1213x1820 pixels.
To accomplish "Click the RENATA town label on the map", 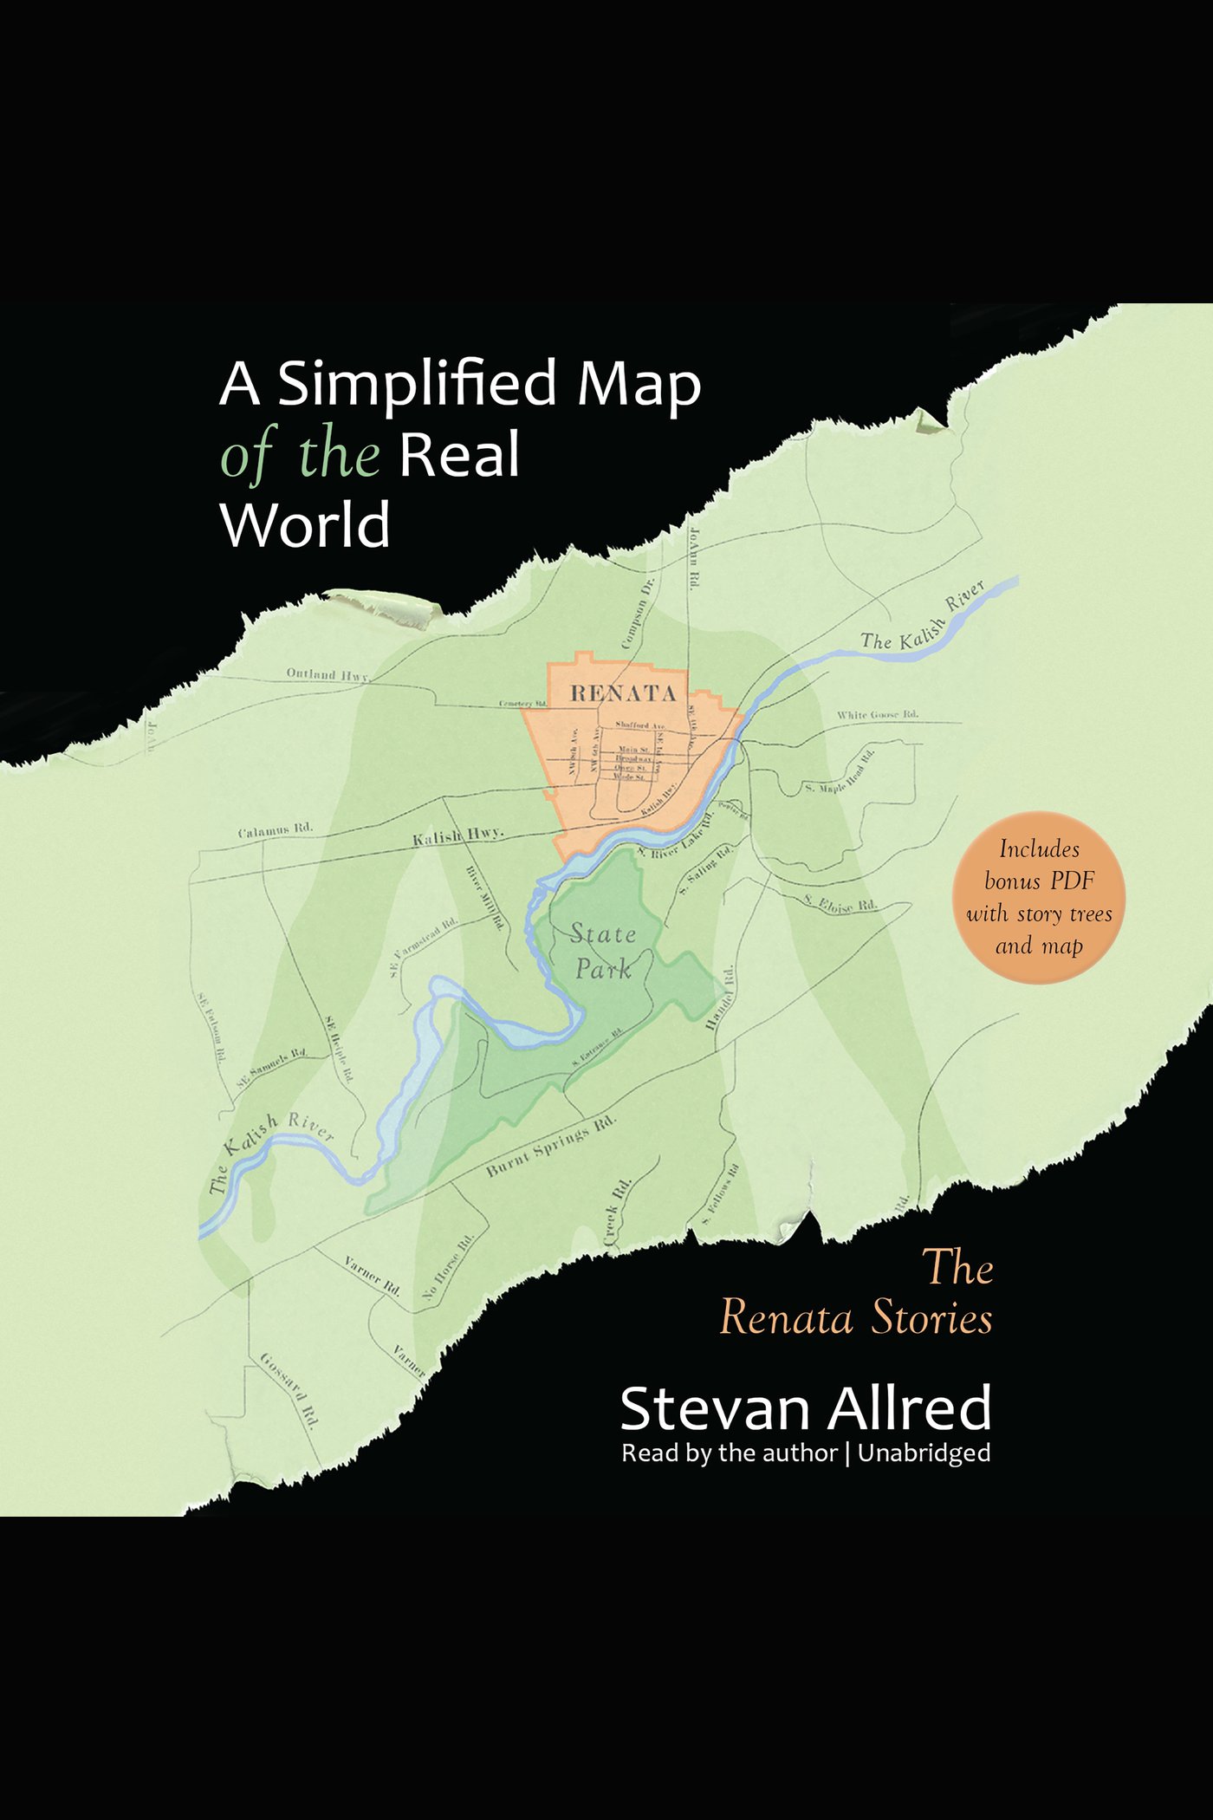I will (623, 692).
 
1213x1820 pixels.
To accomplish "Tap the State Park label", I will (603, 951).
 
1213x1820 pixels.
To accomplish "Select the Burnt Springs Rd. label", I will (551, 1146).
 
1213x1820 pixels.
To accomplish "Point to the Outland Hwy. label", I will (328, 674).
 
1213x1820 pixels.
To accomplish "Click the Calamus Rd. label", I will (275, 830).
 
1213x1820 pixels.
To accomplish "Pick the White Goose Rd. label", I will (877, 714).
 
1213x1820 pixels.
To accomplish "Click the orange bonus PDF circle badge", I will (1038, 897).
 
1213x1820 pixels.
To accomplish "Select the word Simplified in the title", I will (417, 383).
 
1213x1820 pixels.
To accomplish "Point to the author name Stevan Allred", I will (805, 1407).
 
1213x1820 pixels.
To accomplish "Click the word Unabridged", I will (924, 1453).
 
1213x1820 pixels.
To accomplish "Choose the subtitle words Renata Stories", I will (856, 1318).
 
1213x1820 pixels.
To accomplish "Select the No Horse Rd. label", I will (448, 1266).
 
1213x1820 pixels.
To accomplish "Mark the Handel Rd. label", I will (721, 998).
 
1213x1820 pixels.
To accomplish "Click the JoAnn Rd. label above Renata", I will (694, 558).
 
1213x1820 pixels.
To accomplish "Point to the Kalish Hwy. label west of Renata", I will (457, 836).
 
